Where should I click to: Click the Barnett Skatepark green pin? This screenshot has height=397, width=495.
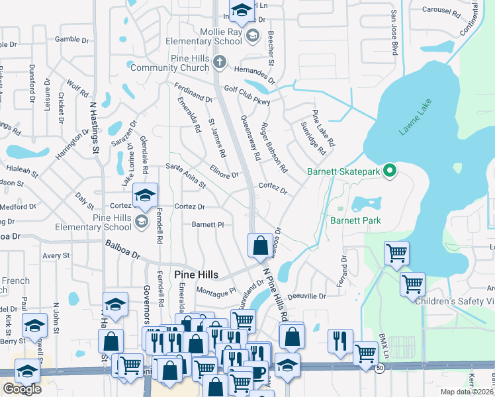[x=389, y=171]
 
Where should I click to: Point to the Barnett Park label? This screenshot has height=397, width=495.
[x=355, y=220]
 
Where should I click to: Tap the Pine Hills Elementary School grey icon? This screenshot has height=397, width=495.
[x=141, y=221]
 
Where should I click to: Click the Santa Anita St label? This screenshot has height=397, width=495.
[x=186, y=170]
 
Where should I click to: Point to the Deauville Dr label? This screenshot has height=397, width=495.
[x=308, y=297]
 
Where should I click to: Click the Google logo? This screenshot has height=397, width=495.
[x=22, y=389]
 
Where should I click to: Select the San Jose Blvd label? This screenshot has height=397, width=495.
[x=394, y=32]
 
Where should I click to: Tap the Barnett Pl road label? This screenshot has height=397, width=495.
[x=208, y=224]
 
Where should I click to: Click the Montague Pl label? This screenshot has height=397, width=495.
[x=216, y=290]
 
